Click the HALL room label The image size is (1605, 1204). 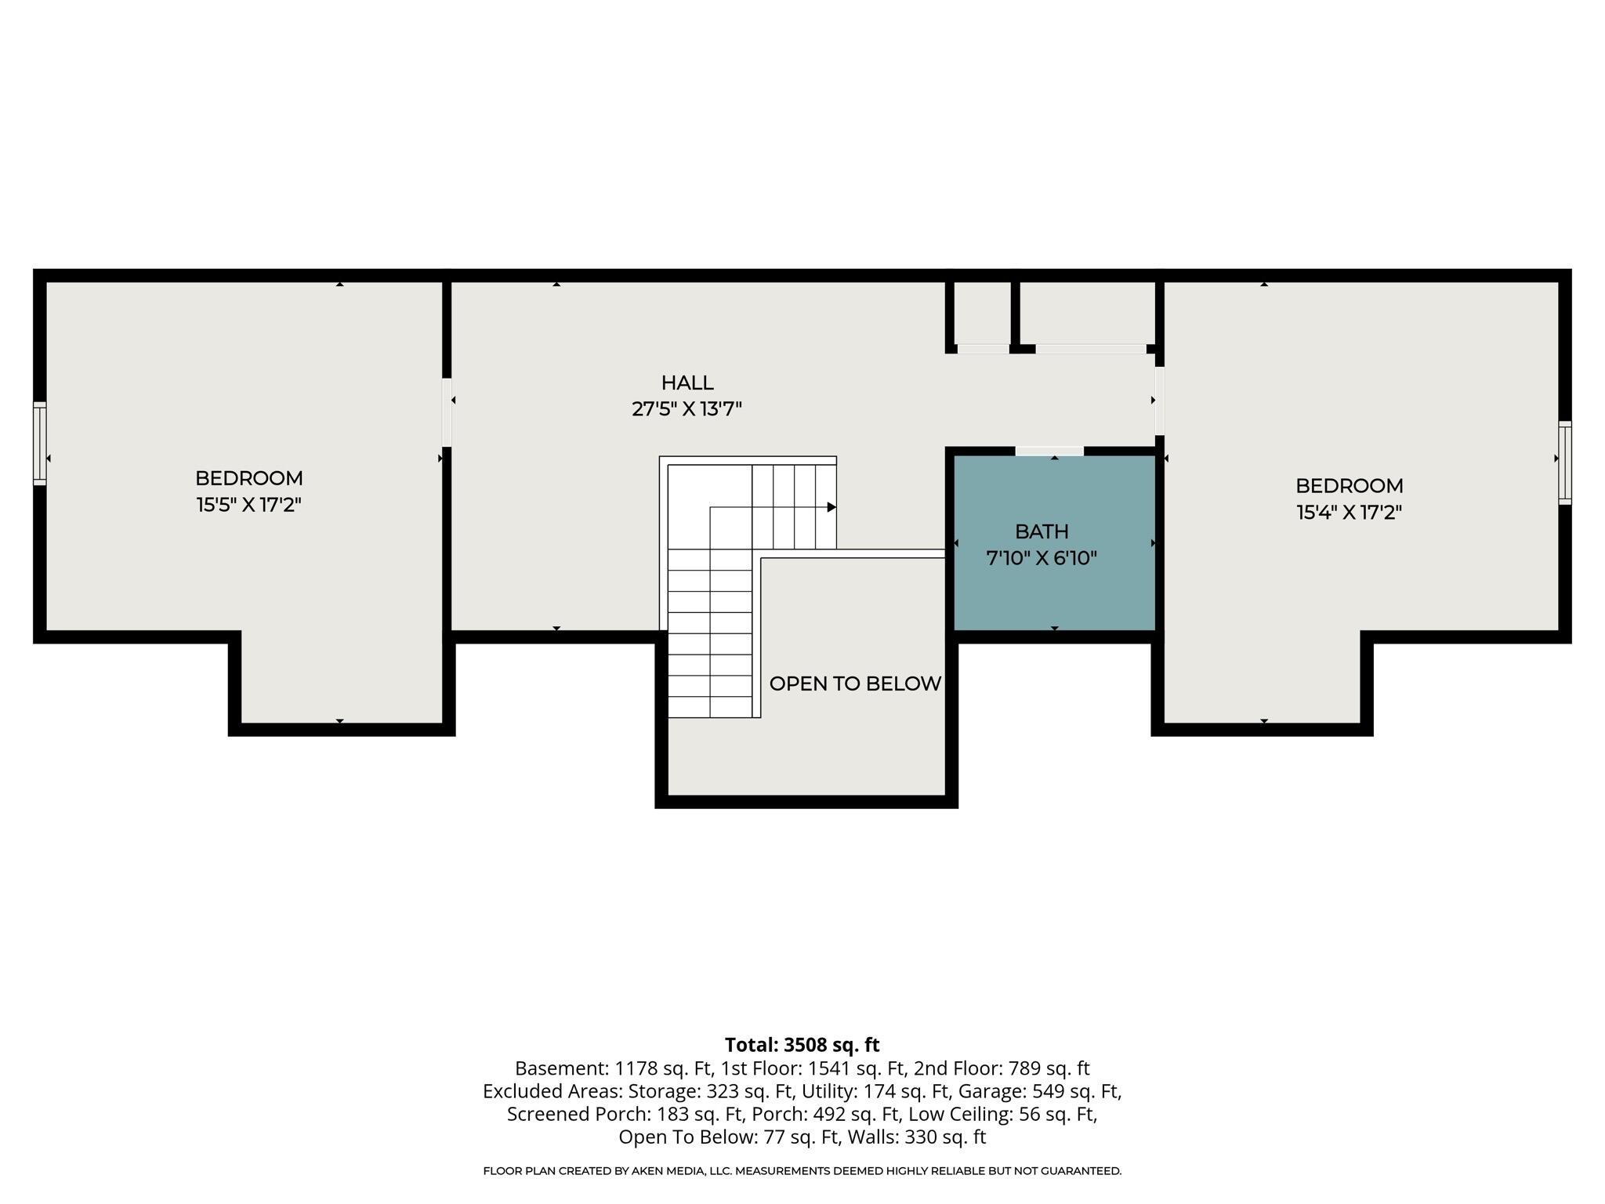click(687, 383)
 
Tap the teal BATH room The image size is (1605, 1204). click(1054, 542)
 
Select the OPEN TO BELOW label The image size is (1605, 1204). click(855, 684)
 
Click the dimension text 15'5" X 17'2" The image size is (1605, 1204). click(249, 504)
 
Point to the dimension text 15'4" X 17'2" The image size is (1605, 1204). click(1349, 512)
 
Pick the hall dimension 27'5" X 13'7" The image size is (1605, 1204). click(687, 408)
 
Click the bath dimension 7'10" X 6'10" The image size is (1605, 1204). click(1042, 558)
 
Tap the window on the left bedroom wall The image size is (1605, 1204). click(39, 443)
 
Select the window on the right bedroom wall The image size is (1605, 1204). click(1565, 462)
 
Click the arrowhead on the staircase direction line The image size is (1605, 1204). click(831, 507)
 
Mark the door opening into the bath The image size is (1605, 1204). click(1049, 451)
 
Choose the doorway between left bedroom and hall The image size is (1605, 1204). click(447, 412)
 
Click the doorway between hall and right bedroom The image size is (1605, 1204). click(1159, 401)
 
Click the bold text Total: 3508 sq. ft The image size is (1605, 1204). click(802, 1045)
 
